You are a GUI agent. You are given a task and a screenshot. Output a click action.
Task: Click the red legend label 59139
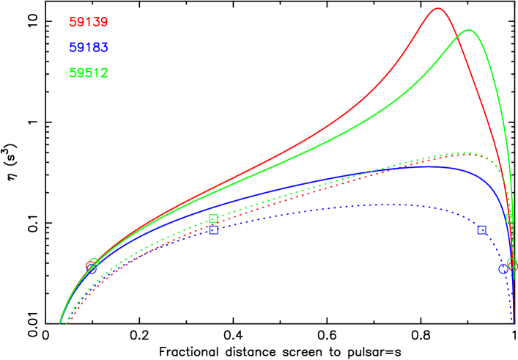89,23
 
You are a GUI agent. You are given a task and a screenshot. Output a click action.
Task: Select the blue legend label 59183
89,48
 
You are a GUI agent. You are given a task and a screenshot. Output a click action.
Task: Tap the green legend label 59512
89,73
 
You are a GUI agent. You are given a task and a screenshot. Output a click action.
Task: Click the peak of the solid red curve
438,9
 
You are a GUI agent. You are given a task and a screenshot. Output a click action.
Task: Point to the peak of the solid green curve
467,31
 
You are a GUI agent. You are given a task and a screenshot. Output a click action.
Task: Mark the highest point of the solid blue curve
429,166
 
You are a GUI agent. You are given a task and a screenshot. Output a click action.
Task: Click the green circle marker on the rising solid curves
94,262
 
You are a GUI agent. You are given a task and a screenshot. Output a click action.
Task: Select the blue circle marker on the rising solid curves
91,268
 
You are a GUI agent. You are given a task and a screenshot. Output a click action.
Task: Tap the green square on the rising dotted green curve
213,218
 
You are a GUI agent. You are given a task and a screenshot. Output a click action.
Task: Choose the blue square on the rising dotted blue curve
213,229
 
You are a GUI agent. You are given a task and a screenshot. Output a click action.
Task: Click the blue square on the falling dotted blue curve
481,229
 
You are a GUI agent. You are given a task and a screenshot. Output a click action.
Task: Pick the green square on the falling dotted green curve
510,218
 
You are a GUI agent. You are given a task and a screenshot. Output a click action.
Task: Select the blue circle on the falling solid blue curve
503,269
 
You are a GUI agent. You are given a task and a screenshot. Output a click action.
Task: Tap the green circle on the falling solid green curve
511,263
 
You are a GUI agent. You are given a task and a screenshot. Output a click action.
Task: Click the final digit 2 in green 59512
105,73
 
